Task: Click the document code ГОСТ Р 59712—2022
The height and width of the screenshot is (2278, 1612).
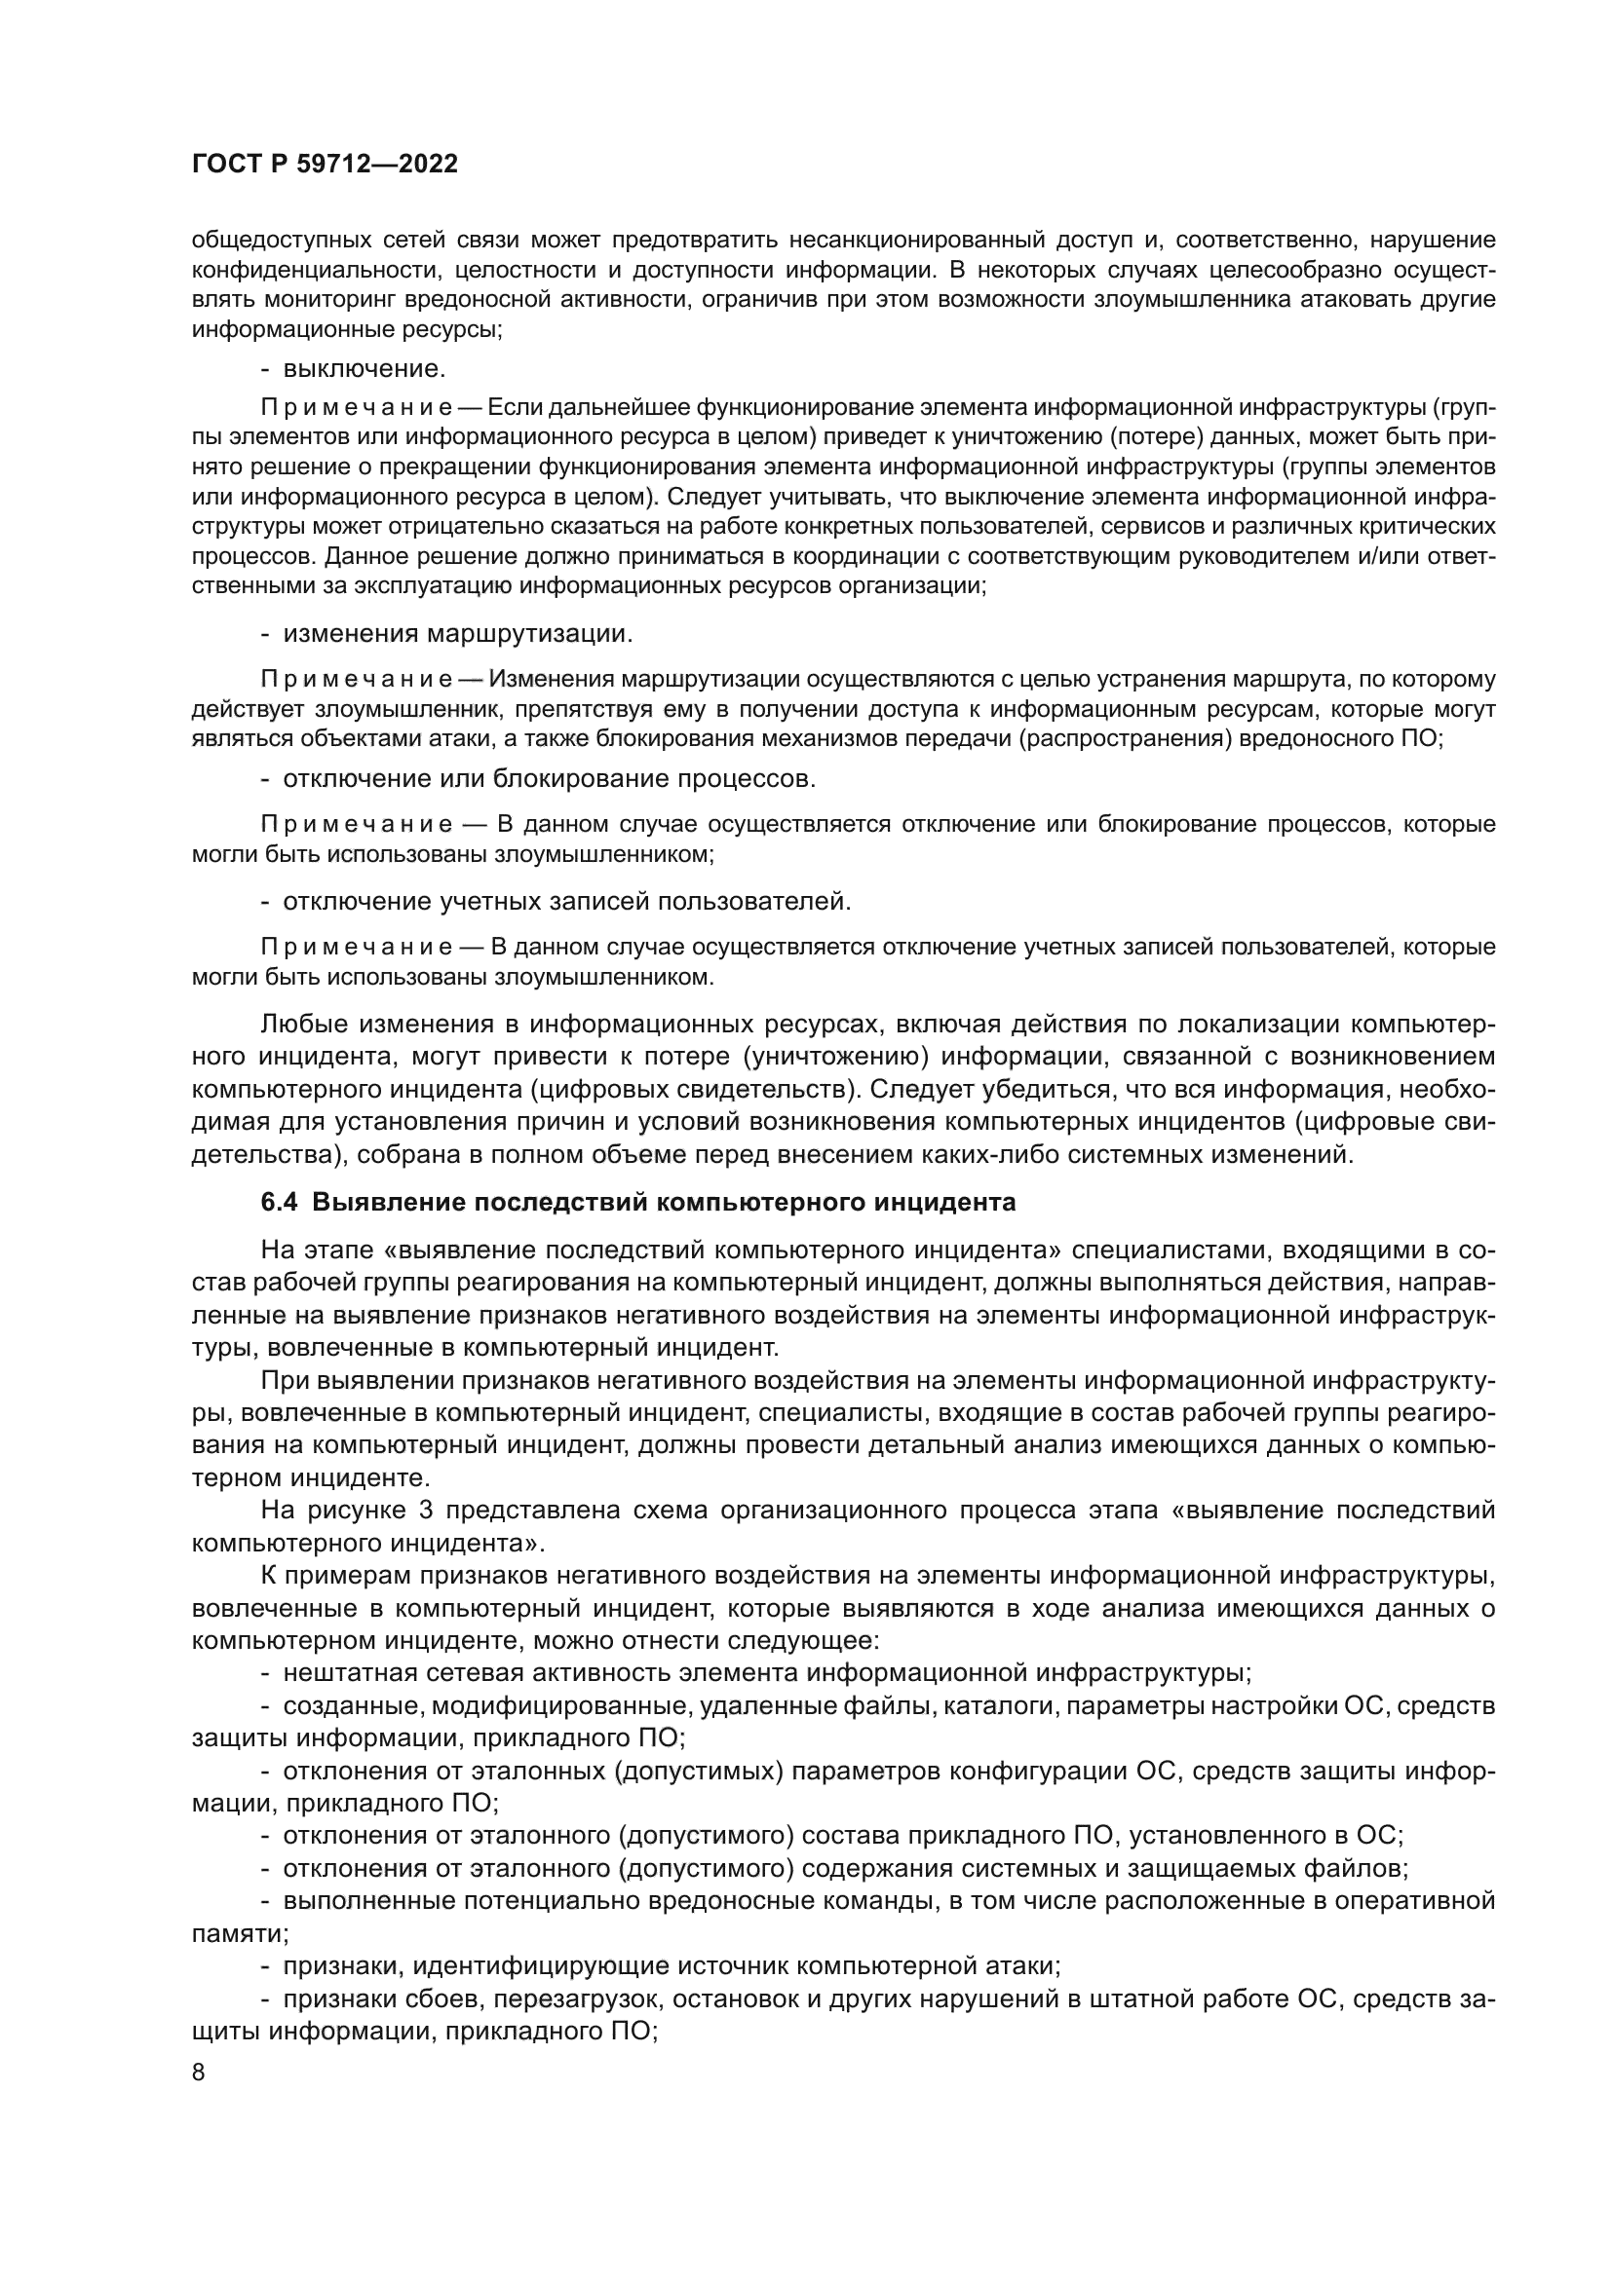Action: (x=325, y=165)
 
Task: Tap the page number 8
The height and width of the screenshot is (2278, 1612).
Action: (x=199, y=2073)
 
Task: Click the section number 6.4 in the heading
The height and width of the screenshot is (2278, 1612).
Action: (x=280, y=1203)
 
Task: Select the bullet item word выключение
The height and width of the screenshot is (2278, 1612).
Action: (x=364, y=369)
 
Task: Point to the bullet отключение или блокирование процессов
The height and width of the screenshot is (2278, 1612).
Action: (x=549, y=779)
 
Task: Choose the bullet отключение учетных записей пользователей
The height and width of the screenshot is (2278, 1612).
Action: (x=567, y=902)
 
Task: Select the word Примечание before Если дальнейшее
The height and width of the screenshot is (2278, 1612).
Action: (x=357, y=409)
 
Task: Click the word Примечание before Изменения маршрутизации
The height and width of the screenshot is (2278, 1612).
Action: (x=357, y=680)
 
